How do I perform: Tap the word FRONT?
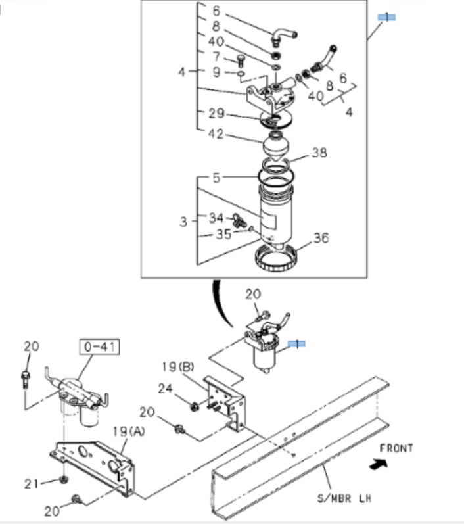pos(397,448)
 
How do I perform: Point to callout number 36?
pos(320,239)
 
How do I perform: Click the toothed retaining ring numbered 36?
pos(279,258)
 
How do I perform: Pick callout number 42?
pos(216,134)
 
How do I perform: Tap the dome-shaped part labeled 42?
pos(276,146)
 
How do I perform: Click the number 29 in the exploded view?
pos(216,113)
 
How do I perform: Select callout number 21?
pos(30,484)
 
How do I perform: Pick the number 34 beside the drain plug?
pos(216,218)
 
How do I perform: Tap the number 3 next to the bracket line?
pos(183,222)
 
